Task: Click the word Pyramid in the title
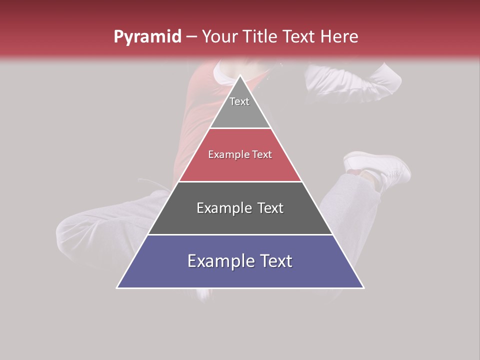click(x=147, y=37)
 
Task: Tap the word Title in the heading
click(x=259, y=36)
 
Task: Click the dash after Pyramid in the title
click(x=191, y=37)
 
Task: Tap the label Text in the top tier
click(x=239, y=101)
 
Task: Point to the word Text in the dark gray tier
click(x=268, y=208)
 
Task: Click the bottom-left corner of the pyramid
click(x=117, y=287)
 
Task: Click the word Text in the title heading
click(x=299, y=36)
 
